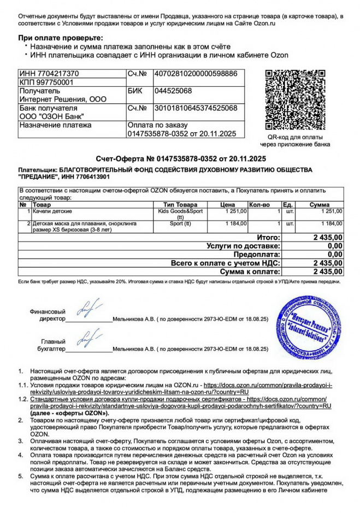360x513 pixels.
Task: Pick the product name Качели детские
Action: (52, 211)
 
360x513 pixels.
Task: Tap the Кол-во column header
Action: (259, 204)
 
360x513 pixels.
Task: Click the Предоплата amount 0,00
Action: (334, 255)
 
